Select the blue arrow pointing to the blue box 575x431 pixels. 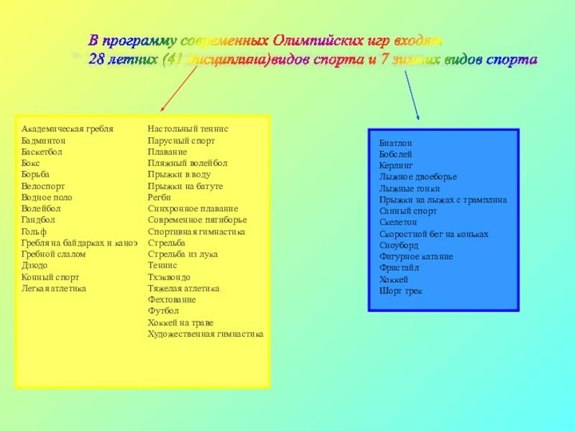pyautogui.click(x=413, y=94)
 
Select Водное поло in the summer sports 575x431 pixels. pyautogui.click(x=47, y=197)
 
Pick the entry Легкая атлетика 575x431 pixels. pyautogui.click(x=54, y=288)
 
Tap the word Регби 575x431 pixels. pyautogui.click(x=159, y=197)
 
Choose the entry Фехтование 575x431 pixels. pyautogui.click(x=171, y=300)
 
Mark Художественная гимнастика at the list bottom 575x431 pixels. pyautogui.click(x=205, y=334)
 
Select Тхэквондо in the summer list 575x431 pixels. pyautogui.click(x=169, y=277)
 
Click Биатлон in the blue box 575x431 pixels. pyautogui.click(x=395, y=144)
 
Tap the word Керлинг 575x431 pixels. pyautogui.click(x=396, y=165)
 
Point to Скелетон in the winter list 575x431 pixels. pyautogui.click(x=397, y=223)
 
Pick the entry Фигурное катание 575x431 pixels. pyautogui.click(x=415, y=256)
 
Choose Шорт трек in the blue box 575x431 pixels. pyautogui.click(x=400, y=291)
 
